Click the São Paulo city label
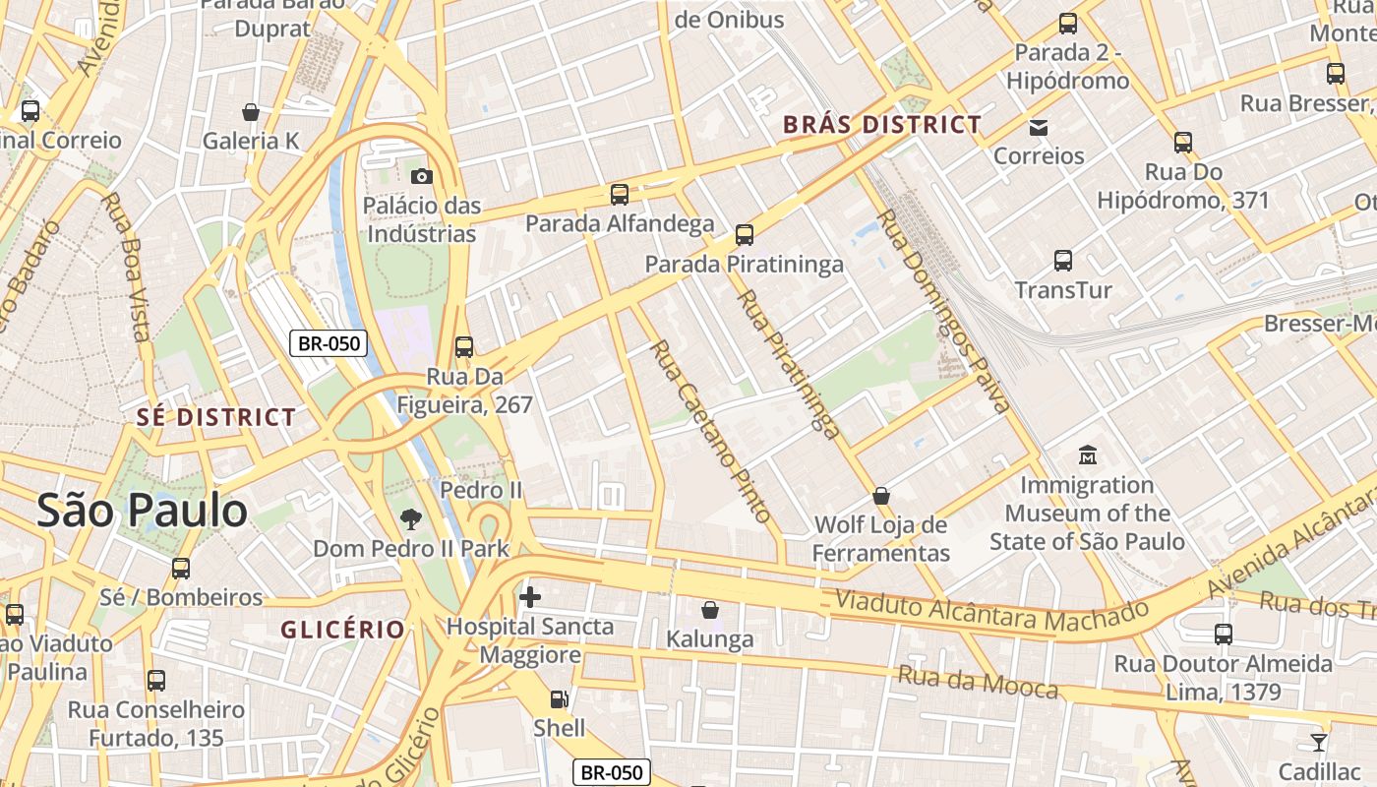click(142, 511)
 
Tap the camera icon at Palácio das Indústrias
click(421, 176)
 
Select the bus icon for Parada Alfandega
click(619, 194)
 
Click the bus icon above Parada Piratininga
click(745, 234)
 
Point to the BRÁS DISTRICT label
click(881, 125)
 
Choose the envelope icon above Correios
click(1038, 127)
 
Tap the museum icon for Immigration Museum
click(1087, 455)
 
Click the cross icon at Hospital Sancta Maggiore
click(529, 596)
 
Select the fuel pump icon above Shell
click(558, 699)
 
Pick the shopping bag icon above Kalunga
click(709, 610)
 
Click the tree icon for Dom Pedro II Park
click(410, 518)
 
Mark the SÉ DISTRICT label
click(215, 417)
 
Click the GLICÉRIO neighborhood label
click(342, 630)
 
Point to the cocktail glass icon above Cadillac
click(1318, 742)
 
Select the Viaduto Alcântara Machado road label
click(990, 611)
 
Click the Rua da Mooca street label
click(978, 681)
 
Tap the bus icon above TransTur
click(1062, 261)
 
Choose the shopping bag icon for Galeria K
click(250, 112)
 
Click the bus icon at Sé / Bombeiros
click(180, 568)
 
